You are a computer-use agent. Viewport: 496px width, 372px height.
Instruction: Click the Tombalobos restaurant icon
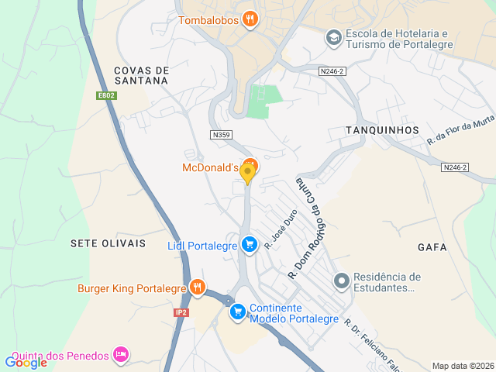point(250,19)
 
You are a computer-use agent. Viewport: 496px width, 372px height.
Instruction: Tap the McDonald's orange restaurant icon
point(249,166)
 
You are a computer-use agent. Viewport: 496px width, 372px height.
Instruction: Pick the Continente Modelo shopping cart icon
point(238,312)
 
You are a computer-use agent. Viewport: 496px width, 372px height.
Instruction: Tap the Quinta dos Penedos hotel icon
point(120,355)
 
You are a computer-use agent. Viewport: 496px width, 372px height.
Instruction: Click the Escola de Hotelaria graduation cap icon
point(333,37)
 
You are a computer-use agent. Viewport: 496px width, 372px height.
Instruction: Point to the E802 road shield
point(106,95)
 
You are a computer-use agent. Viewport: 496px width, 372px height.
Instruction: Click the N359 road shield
point(221,135)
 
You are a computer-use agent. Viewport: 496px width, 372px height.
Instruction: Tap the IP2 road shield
point(181,312)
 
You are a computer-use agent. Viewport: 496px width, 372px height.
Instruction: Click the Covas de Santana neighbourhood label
point(141,75)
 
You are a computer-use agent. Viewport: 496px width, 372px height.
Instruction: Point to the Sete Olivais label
point(108,243)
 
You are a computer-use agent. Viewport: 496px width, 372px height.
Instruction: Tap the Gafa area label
point(432,247)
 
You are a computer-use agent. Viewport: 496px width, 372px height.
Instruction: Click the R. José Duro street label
point(281,231)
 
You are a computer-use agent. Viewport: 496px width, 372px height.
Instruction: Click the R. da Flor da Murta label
point(460,129)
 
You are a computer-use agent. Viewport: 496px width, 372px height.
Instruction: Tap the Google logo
point(26,362)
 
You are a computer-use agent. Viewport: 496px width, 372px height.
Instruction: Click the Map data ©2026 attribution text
point(462,366)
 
